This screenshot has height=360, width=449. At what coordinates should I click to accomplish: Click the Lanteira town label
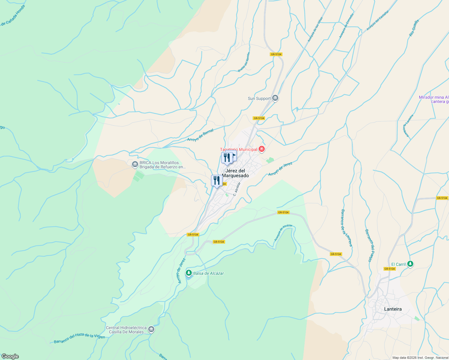[x=393, y=309]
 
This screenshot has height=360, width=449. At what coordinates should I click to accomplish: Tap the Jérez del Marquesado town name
[x=235, y=173]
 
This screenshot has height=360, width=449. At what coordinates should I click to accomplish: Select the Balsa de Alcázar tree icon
[x=188, y=273]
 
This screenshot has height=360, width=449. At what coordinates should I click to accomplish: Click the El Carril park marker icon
[x=410, y=264]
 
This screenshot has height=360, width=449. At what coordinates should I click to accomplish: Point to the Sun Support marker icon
[x=275, y=98]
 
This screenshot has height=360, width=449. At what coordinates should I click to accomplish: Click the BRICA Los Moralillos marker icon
[x=135, y=164]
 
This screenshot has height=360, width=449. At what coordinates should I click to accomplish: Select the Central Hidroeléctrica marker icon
[x=151, y=330]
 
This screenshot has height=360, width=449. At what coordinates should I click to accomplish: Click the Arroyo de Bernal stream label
[x=200, y=135]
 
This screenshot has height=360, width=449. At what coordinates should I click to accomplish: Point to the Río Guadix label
[x=414, y=28]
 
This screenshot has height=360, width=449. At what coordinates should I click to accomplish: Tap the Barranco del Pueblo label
[x=370, y=245]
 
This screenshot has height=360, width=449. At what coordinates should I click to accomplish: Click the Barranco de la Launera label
[x=346, y=228]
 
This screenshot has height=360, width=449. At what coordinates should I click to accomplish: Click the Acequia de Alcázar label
[x=283, y=233]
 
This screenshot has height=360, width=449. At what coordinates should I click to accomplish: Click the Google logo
[x=10, y=356]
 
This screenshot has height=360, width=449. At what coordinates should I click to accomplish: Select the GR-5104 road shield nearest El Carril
[x=390, y=269]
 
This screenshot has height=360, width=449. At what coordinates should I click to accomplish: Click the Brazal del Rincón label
[x=244, y=62]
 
